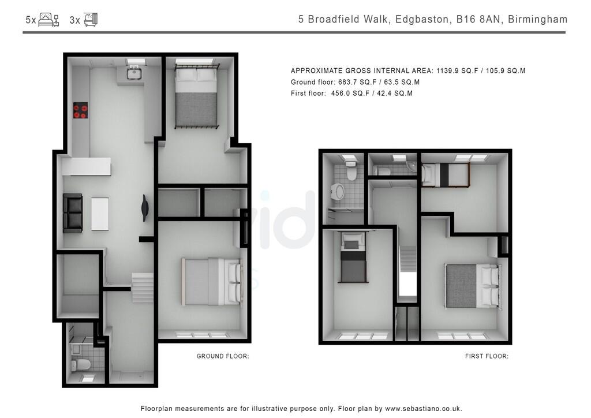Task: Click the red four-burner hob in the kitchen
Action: pyautogui.click(x=80, y=110)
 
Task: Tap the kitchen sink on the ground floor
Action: pyautogui.click(x=134, y=73)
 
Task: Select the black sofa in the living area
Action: pyautogui.click(x=73, y=213)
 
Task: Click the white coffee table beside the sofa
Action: pyautogui.click(x=100, y=214)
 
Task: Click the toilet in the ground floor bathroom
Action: pyautogui.click(x=81, y=364)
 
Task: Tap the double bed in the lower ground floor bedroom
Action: pyautogui.click(x=211, y=281)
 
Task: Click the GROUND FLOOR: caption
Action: pyautogui.click(x=223, y=356)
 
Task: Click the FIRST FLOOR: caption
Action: pyautogui.click(x=487, y=356)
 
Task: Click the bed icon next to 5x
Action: pyautogui.click(x=48, y=20)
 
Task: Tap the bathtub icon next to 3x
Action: pyautogui.click(x=91, y=20)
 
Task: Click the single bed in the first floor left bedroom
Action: pyautogui.click(x=353, y=257)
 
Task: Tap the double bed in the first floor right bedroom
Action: pyautogui.click(x=472, y=286)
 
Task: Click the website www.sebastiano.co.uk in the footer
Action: pyautogui.click(x=423, y=408)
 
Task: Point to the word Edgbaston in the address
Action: pyautogui.click(x=420, y=20)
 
